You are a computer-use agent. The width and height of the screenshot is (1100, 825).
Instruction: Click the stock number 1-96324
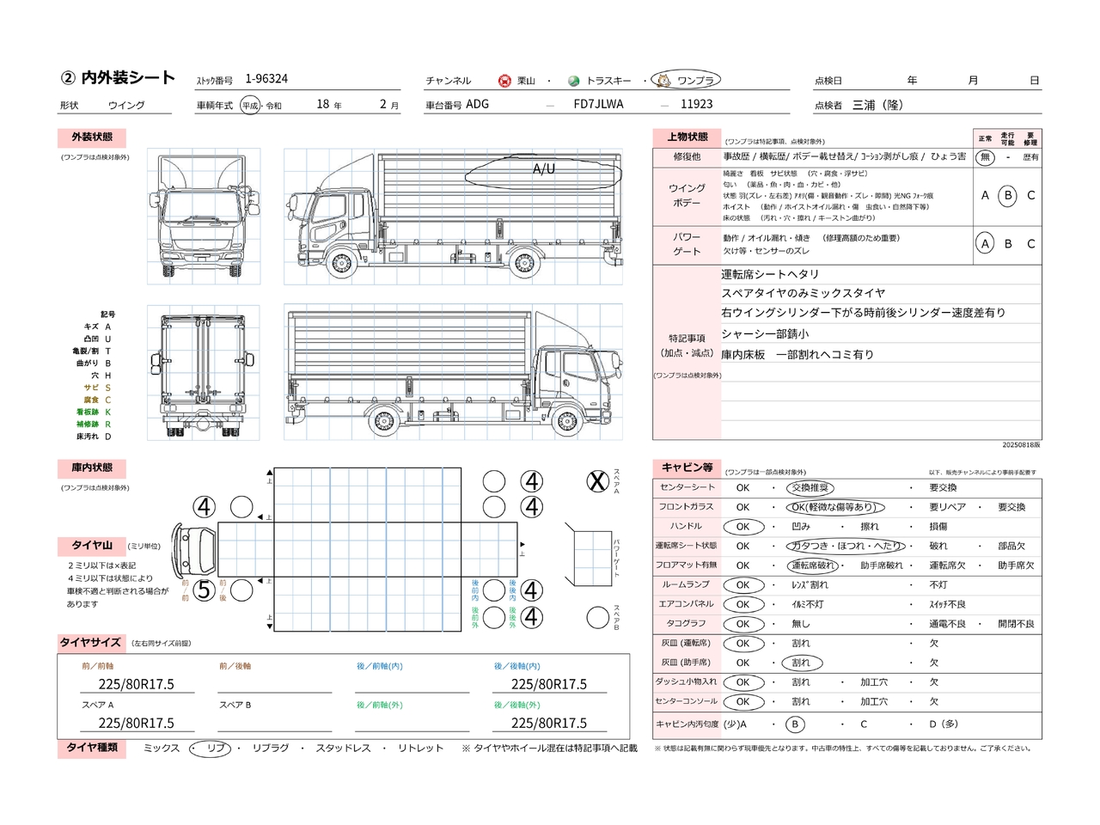click(x=266, y=79)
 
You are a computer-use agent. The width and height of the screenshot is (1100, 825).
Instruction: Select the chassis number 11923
click(x=696, y=104)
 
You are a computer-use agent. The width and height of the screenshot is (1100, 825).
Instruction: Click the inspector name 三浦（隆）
click(x=877, y=105)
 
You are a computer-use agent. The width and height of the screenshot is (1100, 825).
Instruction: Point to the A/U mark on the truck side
click(x=544, y=169)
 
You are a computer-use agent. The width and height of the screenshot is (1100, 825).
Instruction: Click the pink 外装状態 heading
click(x=92, y=137)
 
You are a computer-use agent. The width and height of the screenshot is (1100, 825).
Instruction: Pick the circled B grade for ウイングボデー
click(x=1008, y=195)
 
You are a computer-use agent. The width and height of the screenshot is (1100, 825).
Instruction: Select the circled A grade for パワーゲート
click(x=985, y=244)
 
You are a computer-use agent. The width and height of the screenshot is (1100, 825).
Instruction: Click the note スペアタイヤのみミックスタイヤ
click(x=803, y=293)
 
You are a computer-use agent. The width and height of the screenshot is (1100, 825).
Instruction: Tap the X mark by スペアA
click(x=597, y=482)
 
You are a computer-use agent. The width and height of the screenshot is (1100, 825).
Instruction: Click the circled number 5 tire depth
click(x=204, y=590)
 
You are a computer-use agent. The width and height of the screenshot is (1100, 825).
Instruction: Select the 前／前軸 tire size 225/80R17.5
click(x=136, y=684)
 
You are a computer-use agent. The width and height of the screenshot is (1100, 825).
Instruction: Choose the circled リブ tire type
click(x=211, y=749)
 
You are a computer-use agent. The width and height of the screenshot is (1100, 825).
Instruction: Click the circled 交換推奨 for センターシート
click(x=810, y=488)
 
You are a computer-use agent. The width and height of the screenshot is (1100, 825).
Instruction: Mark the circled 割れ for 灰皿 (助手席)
click(x=801, y=663)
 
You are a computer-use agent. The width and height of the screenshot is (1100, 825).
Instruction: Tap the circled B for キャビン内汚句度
click(x=795, y=724)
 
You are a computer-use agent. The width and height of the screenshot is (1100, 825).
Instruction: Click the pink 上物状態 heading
click(x=687, y=137)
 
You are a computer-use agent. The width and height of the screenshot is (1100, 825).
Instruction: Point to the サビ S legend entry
click(x=97, y=388)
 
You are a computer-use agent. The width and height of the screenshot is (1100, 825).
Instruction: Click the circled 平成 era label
click(x=250, y=106)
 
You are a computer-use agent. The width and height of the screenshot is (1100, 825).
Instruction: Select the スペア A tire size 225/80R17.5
click(x=136, y=724)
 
